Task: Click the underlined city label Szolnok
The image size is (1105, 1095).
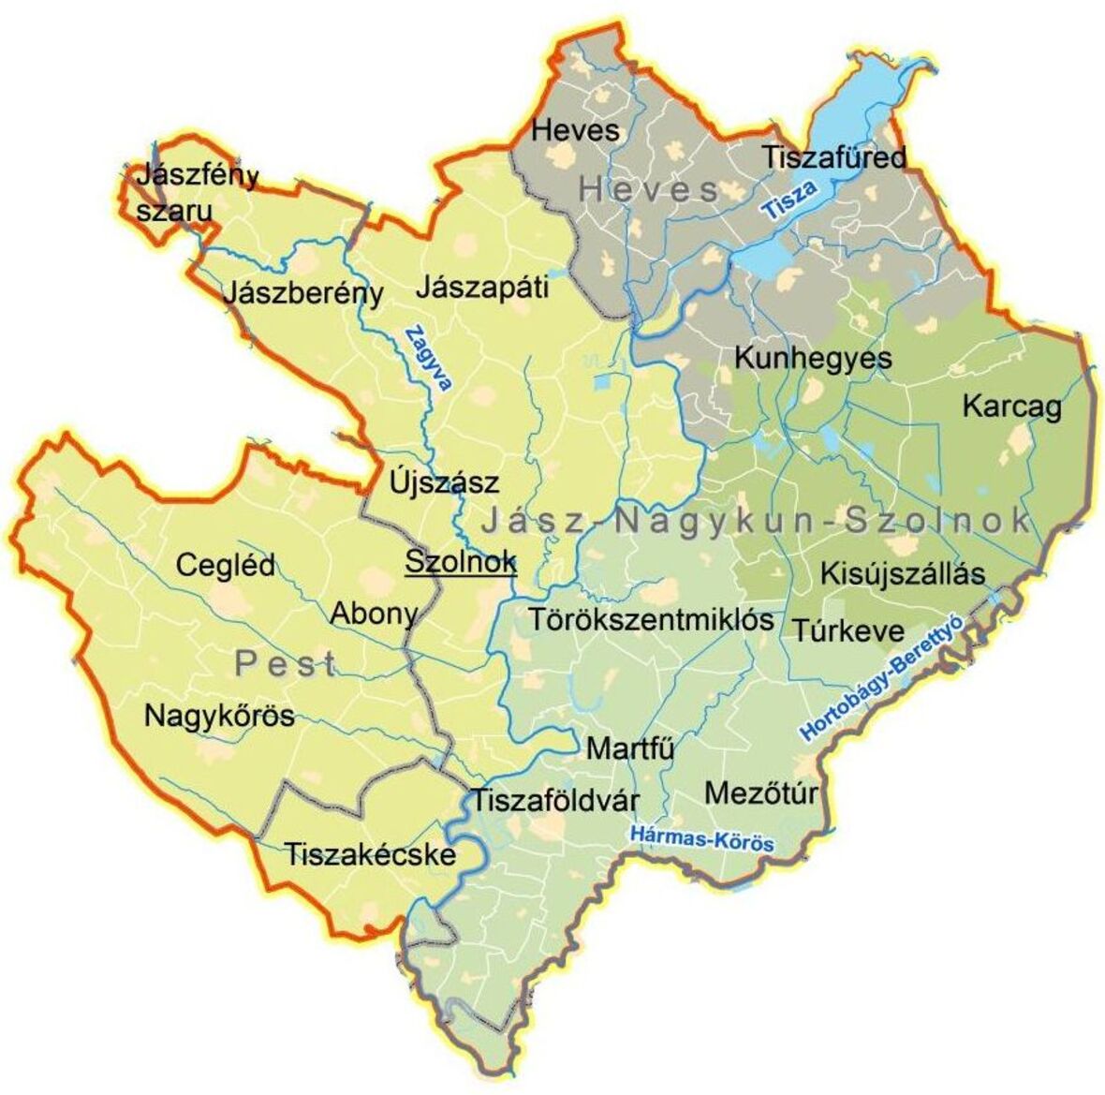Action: (460, 562)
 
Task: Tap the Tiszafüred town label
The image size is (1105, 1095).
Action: (833, 157)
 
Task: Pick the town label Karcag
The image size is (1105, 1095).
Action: (1011, 407)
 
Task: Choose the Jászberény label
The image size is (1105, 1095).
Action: (302, 293)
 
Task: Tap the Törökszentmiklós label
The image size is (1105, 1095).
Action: (651, 619)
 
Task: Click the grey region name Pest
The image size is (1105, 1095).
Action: (285, 664)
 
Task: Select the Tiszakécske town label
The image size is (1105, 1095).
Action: (370, 854)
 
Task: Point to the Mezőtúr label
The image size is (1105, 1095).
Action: (760, 793)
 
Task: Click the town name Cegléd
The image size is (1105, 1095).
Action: (226, 565)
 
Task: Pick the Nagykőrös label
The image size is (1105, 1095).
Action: (219, 717)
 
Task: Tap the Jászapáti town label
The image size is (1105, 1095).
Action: (481, 286)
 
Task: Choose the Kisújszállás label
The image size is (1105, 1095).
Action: (903, 572)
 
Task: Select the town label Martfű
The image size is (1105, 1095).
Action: (630, 749)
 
